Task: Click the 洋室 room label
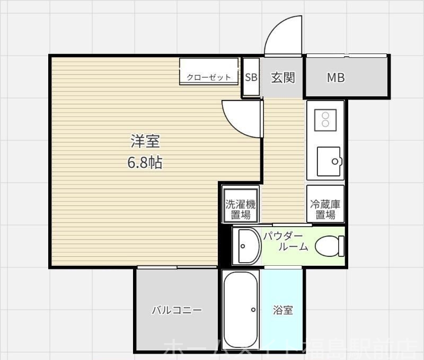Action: [x=145, y=141]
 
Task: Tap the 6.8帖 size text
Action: [x=145, y=163]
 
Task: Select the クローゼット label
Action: [x=208, y=77]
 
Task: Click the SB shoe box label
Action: [x=251, y=77]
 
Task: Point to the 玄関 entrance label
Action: [x=282, y=77]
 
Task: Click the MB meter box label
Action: [x=335, y=78]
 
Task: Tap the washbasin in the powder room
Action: [x=247, y=246]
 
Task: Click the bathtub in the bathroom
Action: [x=241, y=309]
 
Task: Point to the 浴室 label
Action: [x=283, y=310]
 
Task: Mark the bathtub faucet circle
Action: [x=253, y=310]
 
